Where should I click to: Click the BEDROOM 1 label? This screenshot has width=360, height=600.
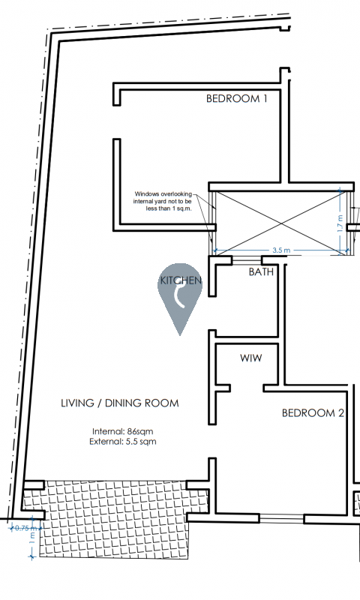[x=236, y=98]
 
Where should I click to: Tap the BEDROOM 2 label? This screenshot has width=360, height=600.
[x=313, y=413]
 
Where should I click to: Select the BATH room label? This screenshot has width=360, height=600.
[x=261, y=271]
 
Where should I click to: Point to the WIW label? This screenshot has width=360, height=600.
[x=251, y=358]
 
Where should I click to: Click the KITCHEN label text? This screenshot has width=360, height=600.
[x=181, y=280]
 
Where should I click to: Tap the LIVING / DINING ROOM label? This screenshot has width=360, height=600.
[x=120, y=403]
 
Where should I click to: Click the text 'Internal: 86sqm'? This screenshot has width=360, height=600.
[x=122, y=431]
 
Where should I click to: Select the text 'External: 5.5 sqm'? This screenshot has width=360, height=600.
[x=123, y=441]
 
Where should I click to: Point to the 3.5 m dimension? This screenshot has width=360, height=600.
[x=281, y=250]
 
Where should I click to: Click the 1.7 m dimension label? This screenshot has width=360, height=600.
[x=340, y=223]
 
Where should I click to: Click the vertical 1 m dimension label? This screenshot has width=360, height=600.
[x=32, y=538]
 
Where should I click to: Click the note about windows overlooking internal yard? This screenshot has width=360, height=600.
[x=163, y=201]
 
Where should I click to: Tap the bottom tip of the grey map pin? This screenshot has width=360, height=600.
[x=180, y=335]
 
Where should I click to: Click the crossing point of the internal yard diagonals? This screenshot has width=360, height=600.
[x=281, y=223]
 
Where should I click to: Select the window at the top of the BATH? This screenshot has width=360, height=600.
[x=247, y=260]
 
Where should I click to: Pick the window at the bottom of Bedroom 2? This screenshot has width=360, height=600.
[x=281, y=519]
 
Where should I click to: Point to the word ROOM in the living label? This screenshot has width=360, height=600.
[x=162, y=403]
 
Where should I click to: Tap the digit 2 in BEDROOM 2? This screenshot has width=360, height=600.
[x=340, y=413]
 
